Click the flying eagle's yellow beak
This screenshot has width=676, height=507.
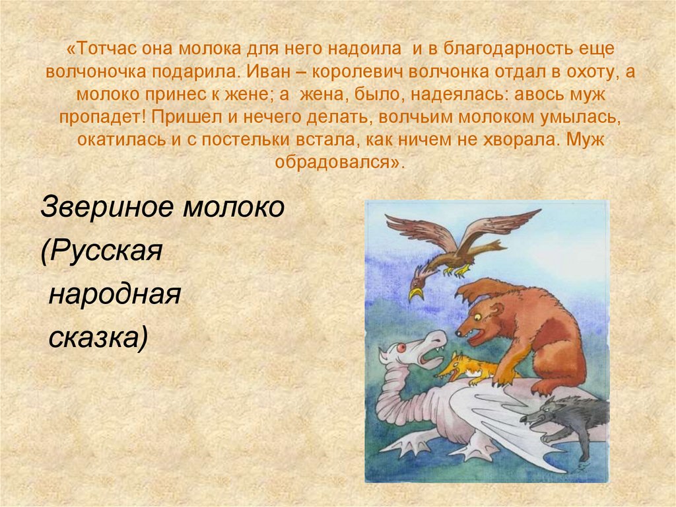(x=415, y=293)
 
